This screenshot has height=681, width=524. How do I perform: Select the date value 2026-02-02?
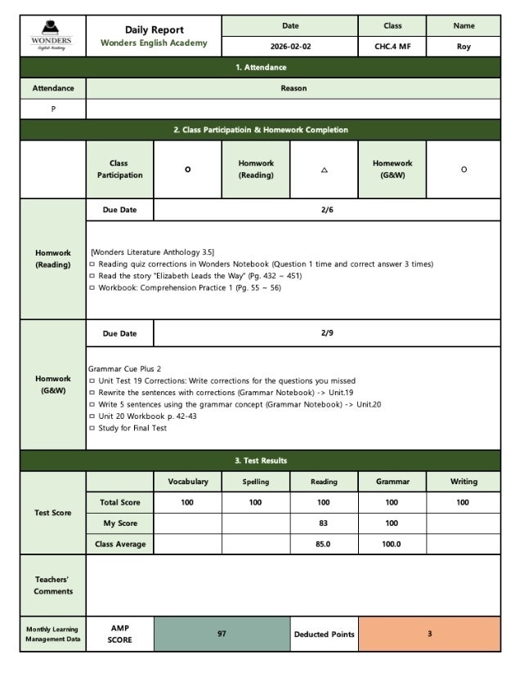click(290, 47)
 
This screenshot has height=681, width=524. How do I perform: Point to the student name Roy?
click(464, 47)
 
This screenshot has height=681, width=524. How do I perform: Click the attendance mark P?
click(53, 109)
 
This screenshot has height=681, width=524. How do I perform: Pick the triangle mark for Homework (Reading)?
click(324, 170)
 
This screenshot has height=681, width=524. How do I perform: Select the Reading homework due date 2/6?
click(327, 210)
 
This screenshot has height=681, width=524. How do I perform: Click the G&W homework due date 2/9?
click(327, 333)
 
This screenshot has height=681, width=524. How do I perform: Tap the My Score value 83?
click(324, 523)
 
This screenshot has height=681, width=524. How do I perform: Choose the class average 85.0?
click(324, 544)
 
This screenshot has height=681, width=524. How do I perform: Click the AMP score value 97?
click(222, 634)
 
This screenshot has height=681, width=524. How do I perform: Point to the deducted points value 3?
click(429, 634)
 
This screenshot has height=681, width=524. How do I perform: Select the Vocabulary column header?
click(187, 482)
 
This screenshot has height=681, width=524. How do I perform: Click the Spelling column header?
click(255, 482)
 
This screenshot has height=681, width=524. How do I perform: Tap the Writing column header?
click(464, 482)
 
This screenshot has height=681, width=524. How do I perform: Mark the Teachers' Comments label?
click(53, 585)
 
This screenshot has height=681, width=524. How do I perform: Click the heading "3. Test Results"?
click(262, 461)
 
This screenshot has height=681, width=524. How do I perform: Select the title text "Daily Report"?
click(154, 30)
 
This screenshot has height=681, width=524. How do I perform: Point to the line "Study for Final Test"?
click(132, 428)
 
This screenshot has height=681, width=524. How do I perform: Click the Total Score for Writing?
click(464, 502)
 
